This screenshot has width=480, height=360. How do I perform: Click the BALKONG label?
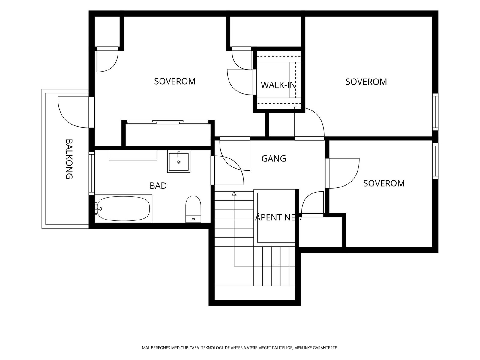coord(69,159)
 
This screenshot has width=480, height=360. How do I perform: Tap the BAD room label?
coord(158,186)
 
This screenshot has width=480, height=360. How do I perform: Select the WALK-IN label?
coord(278,85)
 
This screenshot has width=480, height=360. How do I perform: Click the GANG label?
coord(274,158)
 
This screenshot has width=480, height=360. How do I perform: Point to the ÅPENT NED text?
coord(278,217)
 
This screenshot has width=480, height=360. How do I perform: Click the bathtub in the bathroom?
coord(124,208)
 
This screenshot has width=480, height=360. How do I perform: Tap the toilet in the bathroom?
coord(193,209)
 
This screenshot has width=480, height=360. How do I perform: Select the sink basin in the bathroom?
coord(179,161)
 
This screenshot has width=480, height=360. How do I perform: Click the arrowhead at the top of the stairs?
coord(234,193)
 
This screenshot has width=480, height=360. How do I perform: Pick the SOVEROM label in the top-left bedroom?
coord(175,81)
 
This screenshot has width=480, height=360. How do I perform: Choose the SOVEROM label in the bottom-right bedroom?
coord(384,183)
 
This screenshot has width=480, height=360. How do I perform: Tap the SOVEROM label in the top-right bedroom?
coord(366,82)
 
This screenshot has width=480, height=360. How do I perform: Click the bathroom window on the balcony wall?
coord(91,173)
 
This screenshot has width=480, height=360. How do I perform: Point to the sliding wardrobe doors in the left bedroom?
coord(168,122)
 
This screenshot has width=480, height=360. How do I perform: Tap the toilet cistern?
coord(193,219)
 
